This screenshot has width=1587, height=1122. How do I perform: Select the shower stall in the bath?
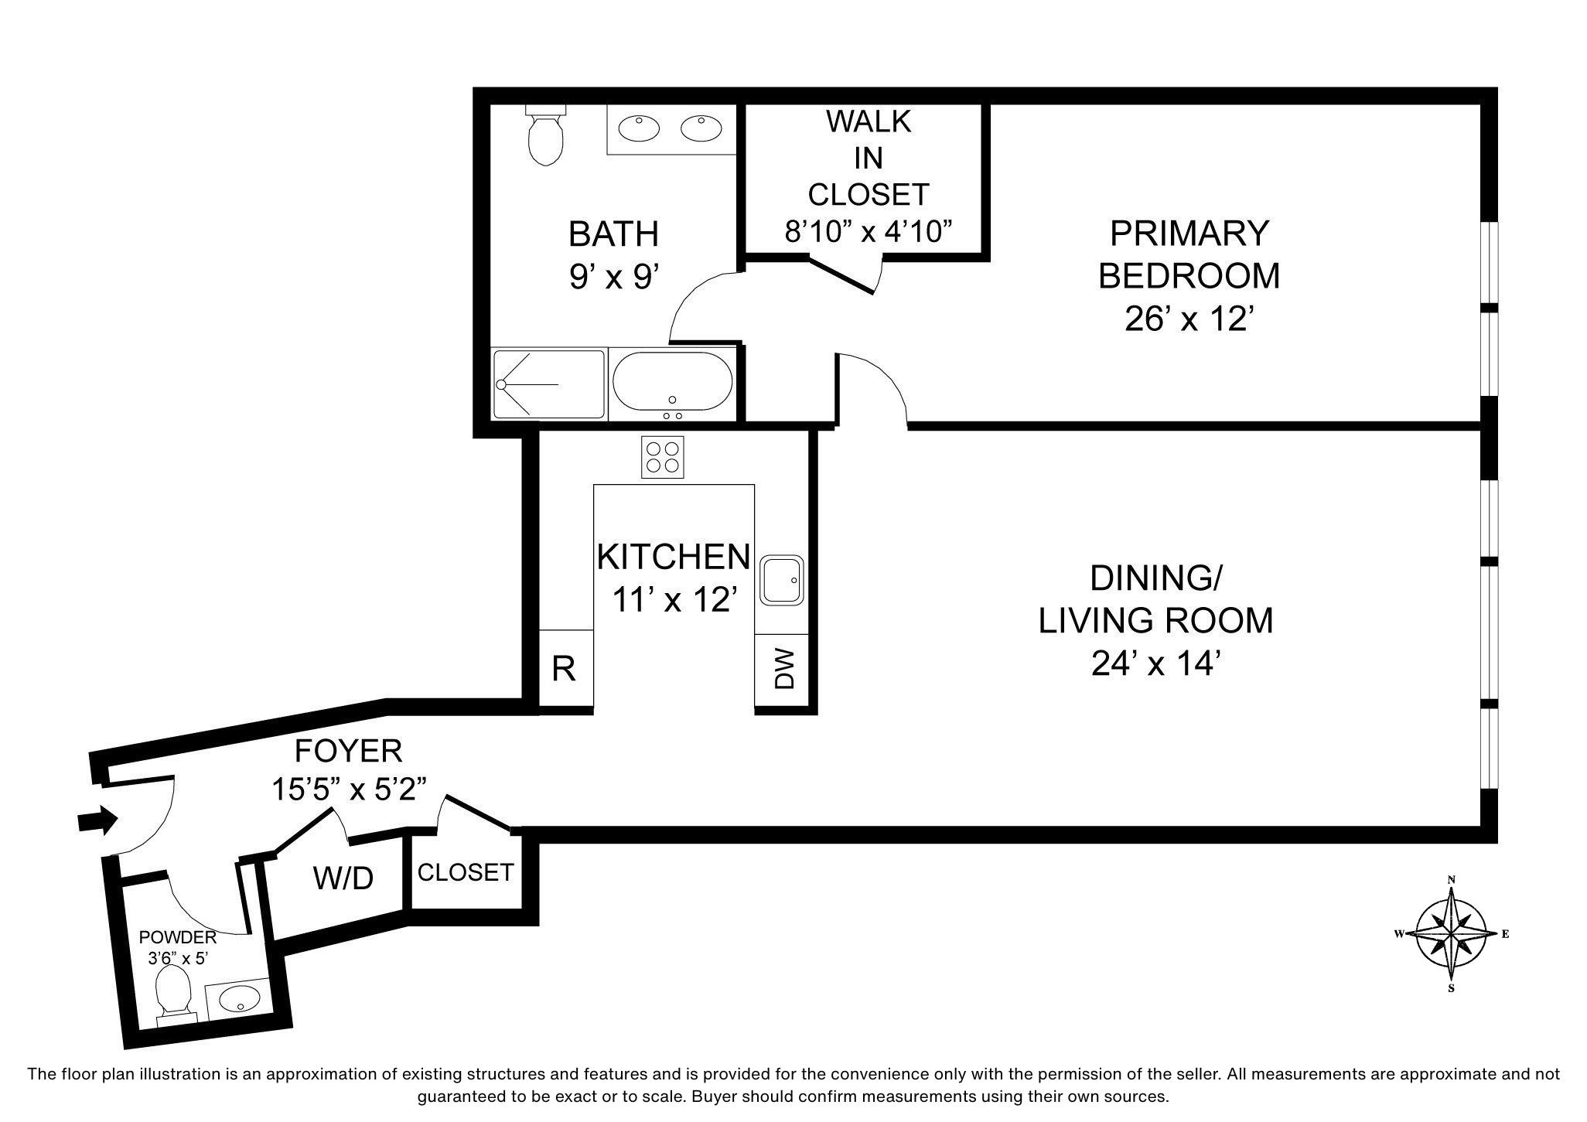549,384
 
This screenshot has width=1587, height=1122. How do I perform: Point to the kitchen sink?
783,580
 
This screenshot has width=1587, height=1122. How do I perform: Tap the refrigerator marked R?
565,668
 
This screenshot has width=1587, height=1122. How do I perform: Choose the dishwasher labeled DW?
782,670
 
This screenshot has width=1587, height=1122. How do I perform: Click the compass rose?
1452,933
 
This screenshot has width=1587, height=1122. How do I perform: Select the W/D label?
343,878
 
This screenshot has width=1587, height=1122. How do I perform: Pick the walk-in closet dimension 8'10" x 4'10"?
868,230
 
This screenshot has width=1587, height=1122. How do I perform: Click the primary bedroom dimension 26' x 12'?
1188,318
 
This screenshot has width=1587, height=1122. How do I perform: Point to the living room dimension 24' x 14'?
1155,663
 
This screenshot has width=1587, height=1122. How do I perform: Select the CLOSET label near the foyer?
466,872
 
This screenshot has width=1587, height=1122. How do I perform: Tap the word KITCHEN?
673,556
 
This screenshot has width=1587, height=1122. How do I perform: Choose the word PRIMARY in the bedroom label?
1189,233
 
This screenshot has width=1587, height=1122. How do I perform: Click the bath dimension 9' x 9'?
614,276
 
